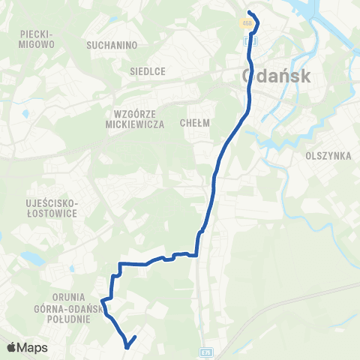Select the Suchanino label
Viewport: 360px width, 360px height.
[110, 44]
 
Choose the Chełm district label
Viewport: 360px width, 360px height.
[194, 122]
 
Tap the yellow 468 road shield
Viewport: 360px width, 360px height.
[247, 23]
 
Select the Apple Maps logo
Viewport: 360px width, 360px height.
[27, 347]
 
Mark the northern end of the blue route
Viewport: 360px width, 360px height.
[249, 12]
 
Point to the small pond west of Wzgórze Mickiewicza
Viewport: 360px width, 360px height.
[25, 114]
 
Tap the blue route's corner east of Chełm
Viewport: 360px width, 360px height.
[247, 111]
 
